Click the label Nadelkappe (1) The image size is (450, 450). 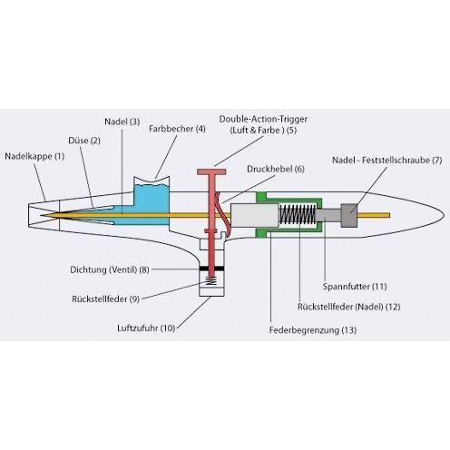coord(34,156)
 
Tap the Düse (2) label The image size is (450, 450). coord(84,141)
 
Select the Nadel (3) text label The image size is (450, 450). coord(122,122)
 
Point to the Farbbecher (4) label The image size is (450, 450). coord(177,129)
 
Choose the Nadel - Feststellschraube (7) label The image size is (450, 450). coord(387,160)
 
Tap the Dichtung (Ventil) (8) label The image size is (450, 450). coord(110,269)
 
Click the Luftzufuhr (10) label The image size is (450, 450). coord(146,328)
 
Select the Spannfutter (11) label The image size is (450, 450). coord(355,287)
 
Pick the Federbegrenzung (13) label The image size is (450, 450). coord(313,329)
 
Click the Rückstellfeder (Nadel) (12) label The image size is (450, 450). coord(349,307)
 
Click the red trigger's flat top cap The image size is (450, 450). coord(211,171)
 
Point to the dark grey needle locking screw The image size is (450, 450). coord(349,215)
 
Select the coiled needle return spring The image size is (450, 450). coord(298,214)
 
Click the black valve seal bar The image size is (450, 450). coord(211,269)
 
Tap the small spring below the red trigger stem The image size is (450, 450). coord(211,281)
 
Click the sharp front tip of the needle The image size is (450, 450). coord(41,215)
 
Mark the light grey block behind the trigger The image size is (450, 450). coord(255,215)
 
